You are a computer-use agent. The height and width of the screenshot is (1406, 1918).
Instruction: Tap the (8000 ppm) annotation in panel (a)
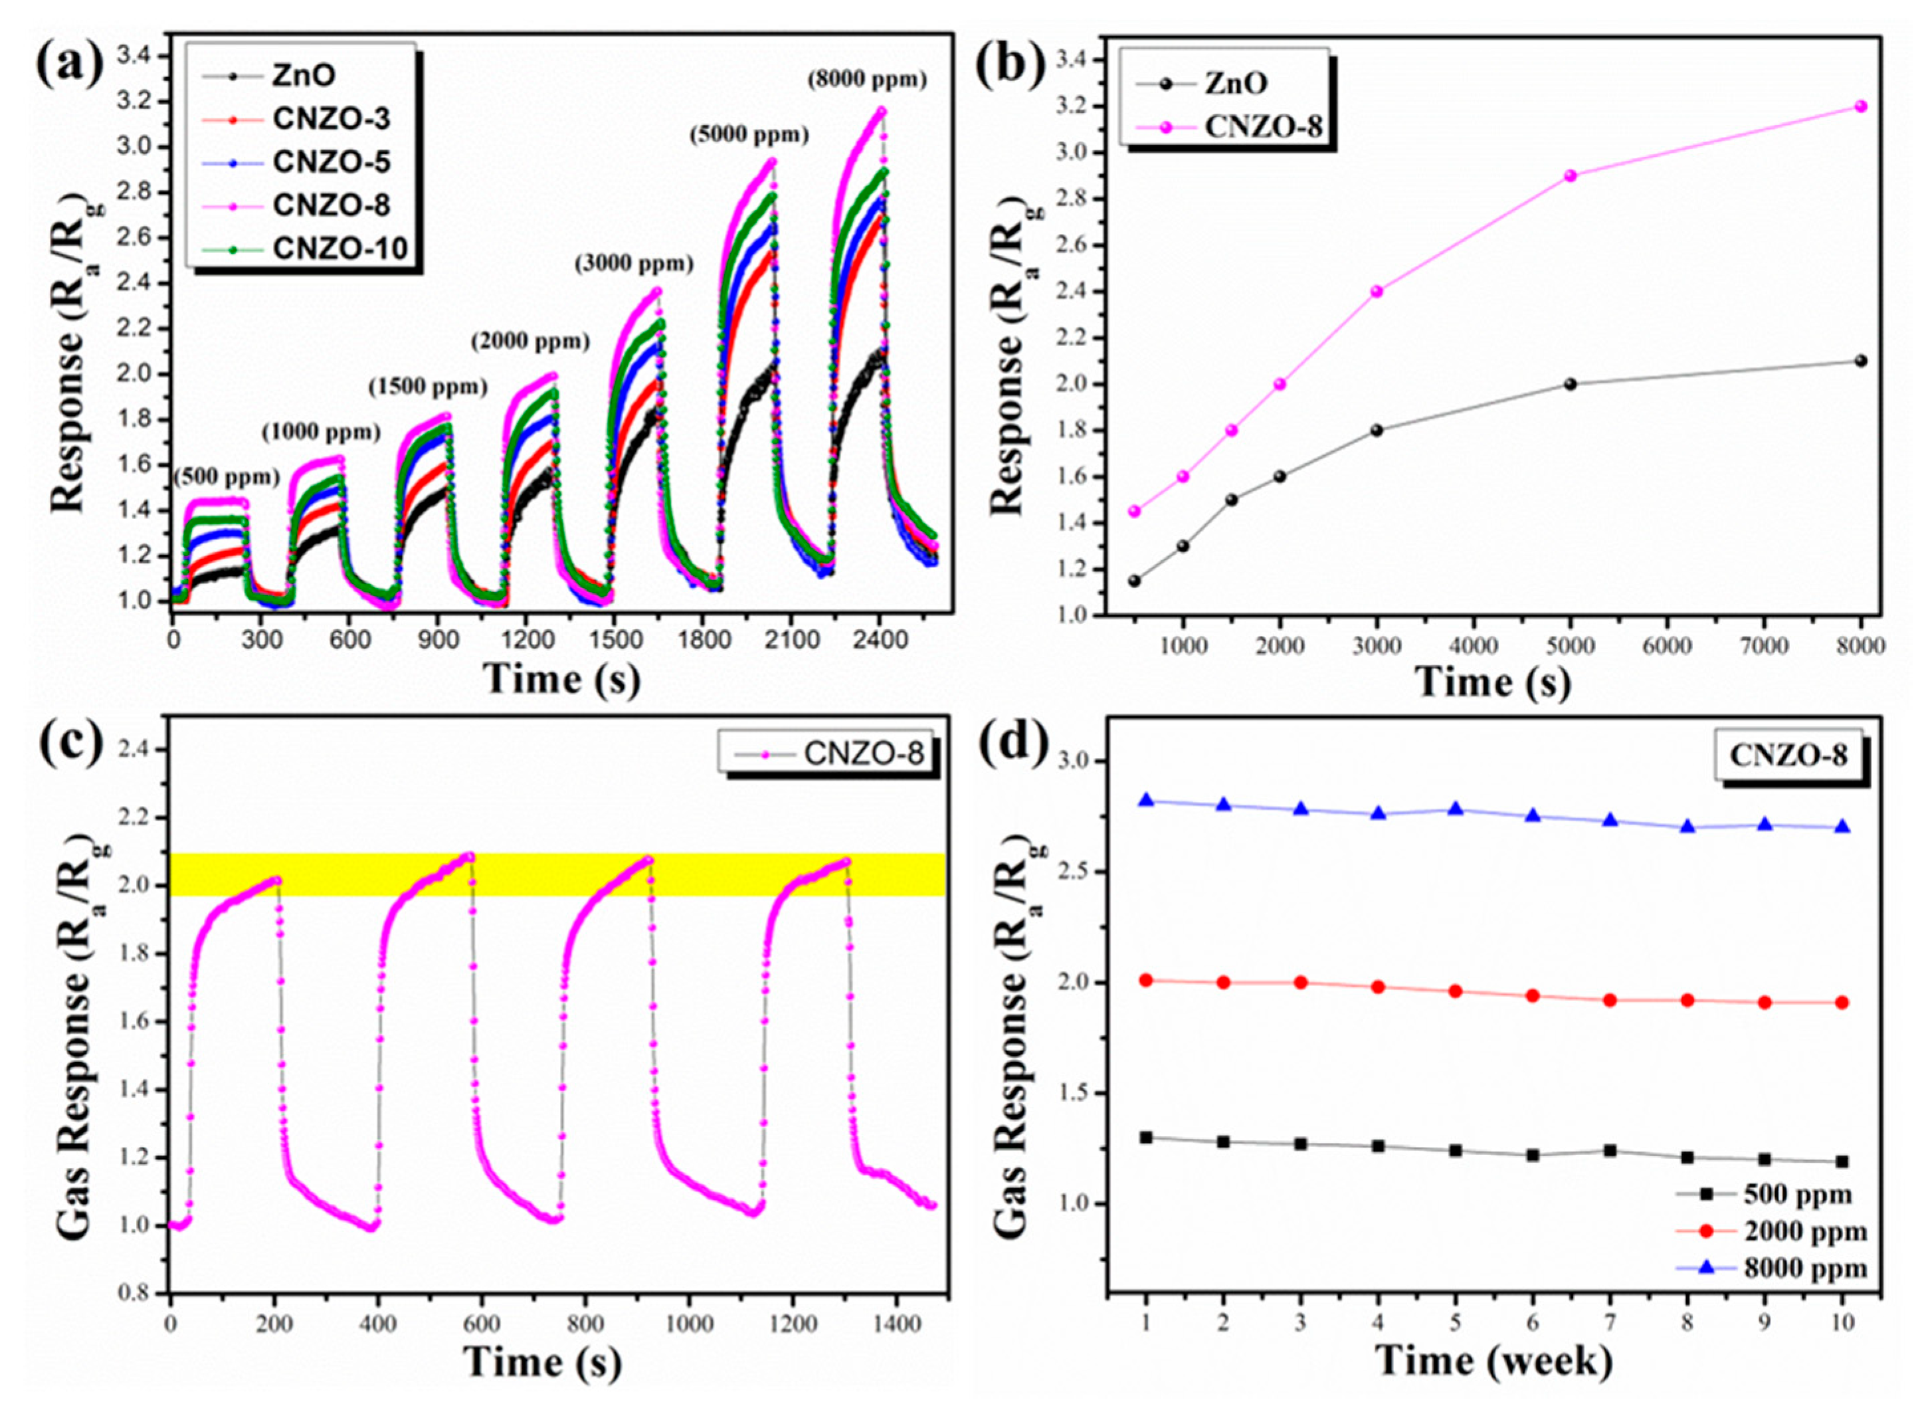tap(867, 79)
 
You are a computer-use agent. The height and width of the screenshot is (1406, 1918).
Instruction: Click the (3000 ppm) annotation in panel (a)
tap(634, 264)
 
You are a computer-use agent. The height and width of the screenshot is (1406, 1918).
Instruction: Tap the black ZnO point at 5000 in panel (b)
tap(1570, 384)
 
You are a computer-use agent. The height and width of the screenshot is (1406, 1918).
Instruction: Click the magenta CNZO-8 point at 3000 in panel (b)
tap(1377, 291)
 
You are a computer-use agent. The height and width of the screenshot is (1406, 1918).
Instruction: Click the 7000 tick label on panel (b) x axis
tap(1763, 645)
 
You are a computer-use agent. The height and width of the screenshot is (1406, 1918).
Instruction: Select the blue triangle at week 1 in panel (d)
tap(1145, 800)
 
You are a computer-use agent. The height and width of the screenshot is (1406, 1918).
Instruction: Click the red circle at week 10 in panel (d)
tap(1842, 1003)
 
